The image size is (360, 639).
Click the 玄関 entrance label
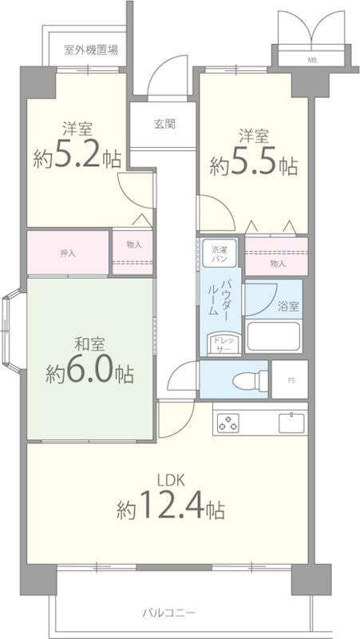click(x=165, y=124)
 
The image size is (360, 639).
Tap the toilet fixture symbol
click(x=250, y=381)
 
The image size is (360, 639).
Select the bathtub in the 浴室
click(x=273, y=336)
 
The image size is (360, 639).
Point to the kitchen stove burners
click(x=227, y=423)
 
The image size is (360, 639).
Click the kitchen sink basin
click(x=291, y=423)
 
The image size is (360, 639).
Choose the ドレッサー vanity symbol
click(x=222, y=343)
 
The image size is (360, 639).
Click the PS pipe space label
click(x=291, y=381)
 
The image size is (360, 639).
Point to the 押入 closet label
click(x=68, y=253)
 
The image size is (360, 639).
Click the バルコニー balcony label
click(x=169, y=613)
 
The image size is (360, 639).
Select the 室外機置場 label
click(x=91, y=50)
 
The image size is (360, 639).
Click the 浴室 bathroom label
click(x=289, y=307)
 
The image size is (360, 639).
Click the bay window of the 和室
click(x=11, y=331)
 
